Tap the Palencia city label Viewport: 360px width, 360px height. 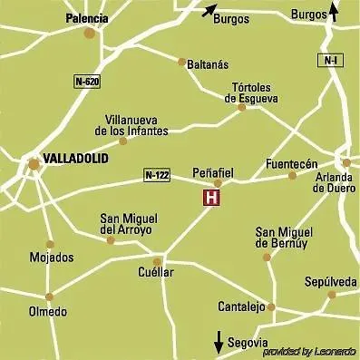[88, 17]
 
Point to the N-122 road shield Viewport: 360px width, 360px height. [157, 174]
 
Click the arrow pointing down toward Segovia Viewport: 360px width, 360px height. [219, 343]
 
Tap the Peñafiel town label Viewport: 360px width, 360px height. [216, 170]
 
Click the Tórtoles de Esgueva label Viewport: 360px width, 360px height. [256, 93]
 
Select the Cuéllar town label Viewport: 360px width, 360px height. [157, 272]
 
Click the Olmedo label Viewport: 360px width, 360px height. [48, 312]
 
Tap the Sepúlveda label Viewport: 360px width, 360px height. [331, 282]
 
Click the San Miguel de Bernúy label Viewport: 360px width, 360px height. [282, 238]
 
